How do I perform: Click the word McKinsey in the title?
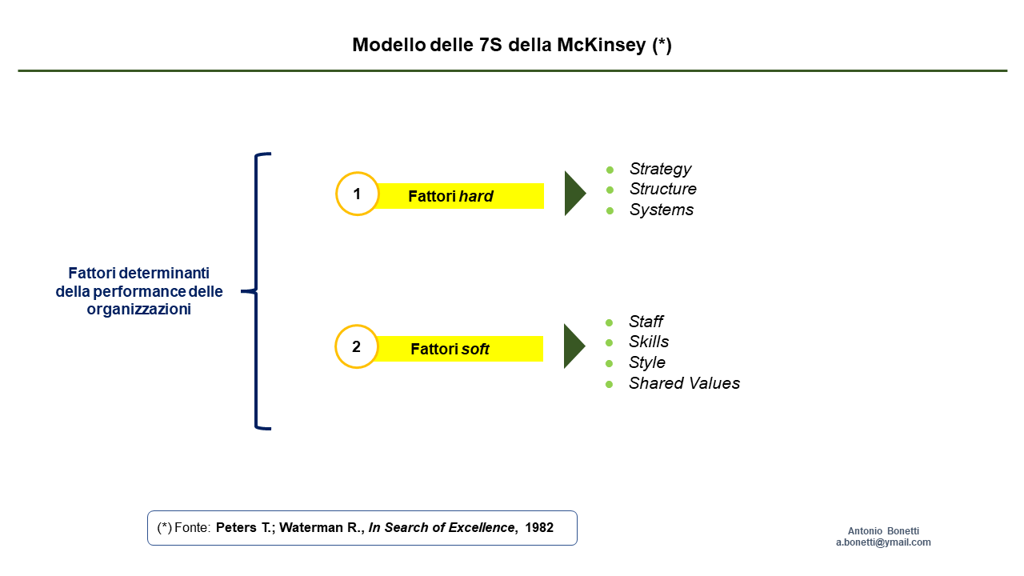point(601,45)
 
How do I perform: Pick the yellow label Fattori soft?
point(460,349)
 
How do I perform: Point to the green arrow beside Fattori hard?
point(575,194)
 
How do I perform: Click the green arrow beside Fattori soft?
point(574,346)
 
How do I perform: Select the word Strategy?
point(660,169)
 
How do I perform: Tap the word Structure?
point(663,189)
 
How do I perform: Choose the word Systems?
point(662,210)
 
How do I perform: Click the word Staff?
point(646,322)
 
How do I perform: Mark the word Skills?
point(649,342)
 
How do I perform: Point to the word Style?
point(647,362)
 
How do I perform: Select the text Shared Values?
point(684,383)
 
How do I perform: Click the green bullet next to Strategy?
point(610,170)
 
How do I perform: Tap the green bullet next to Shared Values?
point(609,385)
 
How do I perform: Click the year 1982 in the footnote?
point(539,527)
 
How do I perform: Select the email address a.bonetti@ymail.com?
point(883,542)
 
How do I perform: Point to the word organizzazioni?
point(139,310)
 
